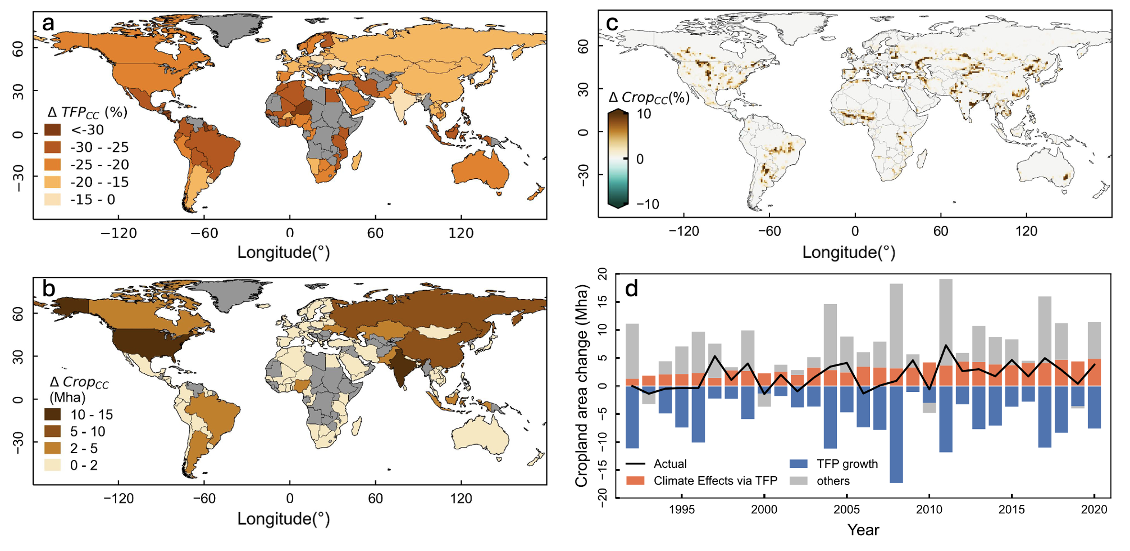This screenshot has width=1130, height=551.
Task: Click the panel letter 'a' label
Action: (x=48, y=24)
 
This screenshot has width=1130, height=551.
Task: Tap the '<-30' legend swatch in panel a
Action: (x=53, y=130)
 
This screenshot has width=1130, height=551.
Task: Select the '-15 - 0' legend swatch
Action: (x=53, y=200)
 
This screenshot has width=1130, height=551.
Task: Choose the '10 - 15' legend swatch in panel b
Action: (x=53, y=415)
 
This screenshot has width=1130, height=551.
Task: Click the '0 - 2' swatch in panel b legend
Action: (x=53, y=466)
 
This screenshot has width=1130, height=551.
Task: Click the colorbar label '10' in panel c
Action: (x=644, y=114)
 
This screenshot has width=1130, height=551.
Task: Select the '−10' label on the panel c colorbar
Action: (x=648, y=204)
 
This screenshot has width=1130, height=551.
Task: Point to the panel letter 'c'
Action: (x=612, y=24)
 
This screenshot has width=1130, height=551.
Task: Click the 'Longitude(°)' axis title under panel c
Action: (x=849, y=252)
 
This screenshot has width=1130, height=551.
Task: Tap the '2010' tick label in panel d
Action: (x=929, y=509)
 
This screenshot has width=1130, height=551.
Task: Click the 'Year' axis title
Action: (x=863, y=530)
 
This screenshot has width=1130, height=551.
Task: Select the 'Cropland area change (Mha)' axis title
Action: (x=582, y=386)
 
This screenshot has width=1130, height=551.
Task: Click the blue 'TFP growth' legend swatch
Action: (x=798, y=464)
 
